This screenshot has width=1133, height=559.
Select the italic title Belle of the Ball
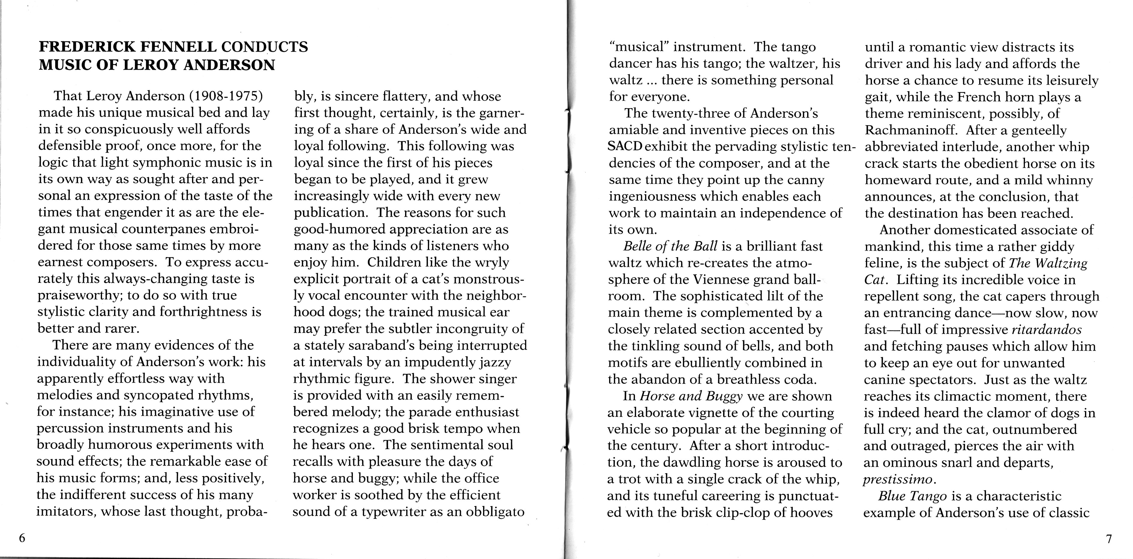671,246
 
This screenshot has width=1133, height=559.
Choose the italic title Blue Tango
912,496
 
